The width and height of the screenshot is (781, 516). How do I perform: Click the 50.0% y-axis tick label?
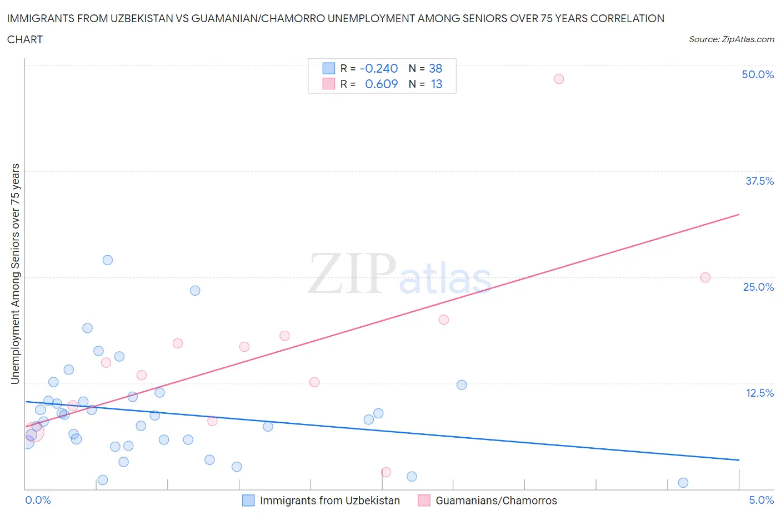point(758,74)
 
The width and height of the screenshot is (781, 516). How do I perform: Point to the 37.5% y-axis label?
point(759,181)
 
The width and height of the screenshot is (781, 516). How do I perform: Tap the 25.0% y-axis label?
point(758,287)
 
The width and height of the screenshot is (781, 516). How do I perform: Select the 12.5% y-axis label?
point(759,393)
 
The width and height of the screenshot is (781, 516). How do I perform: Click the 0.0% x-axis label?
point(38,500)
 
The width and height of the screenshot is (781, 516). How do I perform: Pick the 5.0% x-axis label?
point(761,500)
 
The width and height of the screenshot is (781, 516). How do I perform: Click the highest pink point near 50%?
point(559,79)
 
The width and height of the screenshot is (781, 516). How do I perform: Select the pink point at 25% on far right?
point(705,277)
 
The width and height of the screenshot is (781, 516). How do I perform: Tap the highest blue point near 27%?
point(108,260)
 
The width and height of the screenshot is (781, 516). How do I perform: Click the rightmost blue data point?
point(683,483)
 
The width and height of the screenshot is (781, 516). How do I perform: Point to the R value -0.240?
point(379,68)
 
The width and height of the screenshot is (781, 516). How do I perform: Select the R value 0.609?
point(381,84)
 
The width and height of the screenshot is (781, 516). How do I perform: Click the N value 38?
point(435,68)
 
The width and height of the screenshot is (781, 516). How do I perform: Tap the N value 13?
point(437,84)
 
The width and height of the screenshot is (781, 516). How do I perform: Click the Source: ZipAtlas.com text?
point(731,39)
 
